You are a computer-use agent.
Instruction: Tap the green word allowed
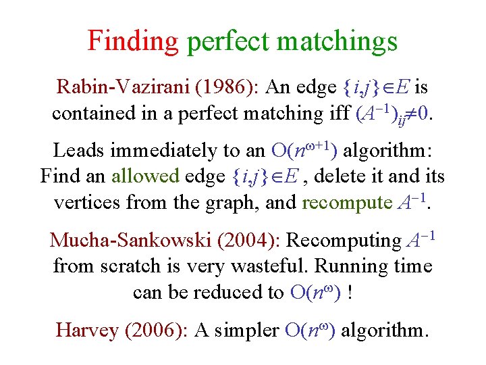144,176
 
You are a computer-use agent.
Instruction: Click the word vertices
82,202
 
